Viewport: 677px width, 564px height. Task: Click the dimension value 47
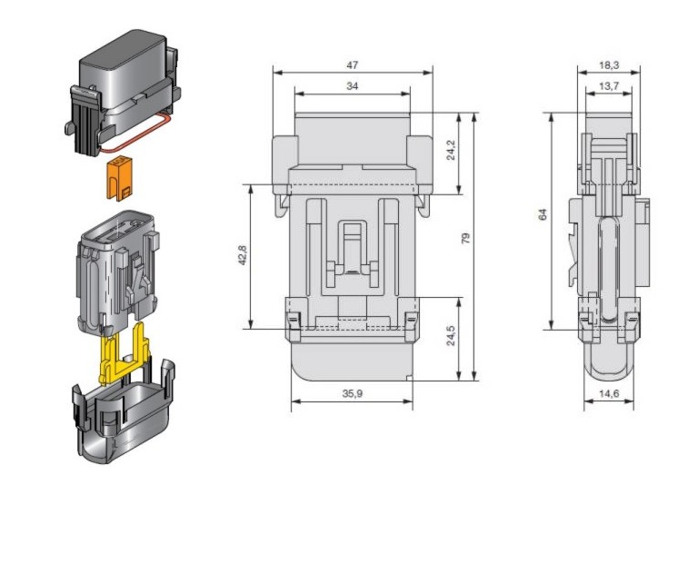353,65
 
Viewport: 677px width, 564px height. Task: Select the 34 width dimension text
353,86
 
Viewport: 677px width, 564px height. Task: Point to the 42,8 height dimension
242,255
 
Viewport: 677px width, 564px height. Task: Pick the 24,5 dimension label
451,335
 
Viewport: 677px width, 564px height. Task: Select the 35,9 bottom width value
353,393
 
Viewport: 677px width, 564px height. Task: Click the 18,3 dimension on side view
609,65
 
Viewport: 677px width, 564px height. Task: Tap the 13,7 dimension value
609,86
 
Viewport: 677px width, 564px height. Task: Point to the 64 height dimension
543,214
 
